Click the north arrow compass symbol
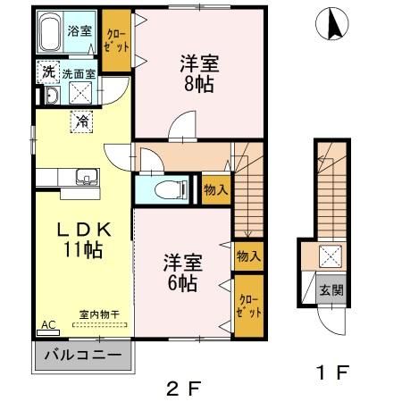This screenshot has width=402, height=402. click(332, 24)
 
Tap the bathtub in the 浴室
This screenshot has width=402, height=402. click(50, 33)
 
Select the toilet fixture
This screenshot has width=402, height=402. click(171, 189)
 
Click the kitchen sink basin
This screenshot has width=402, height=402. click(88, 177)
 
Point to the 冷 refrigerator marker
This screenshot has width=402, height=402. click(81, 121)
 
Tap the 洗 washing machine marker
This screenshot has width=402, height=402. click(48, 72)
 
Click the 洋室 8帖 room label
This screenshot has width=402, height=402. click(199, 73)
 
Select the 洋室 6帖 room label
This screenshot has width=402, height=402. click(182, 272)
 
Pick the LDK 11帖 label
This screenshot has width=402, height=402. click(83, 239)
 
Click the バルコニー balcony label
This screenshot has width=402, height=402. click(83, 355)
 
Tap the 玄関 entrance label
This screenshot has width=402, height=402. click(331, 289)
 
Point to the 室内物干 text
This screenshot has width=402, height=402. click(99, 314)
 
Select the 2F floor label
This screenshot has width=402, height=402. click(182, 389)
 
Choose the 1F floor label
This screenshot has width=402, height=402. click(332, 373)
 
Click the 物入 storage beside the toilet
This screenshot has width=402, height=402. click(216, 189)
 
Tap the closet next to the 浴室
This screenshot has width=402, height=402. click(117, 40)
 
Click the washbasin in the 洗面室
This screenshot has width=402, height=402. click(53, 96)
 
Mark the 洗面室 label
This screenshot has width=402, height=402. click(79, 74)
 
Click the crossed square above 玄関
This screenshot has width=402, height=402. click(331, 256)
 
